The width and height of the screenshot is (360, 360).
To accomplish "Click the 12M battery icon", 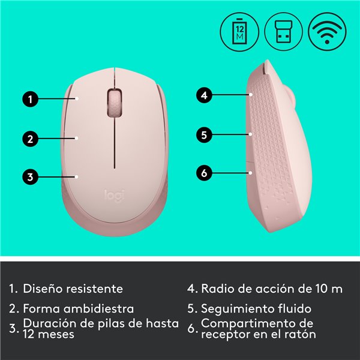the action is pyautogui.click(x=239, y=32).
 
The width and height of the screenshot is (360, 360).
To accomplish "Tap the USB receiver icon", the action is pyautogui.click(x=284, y=32).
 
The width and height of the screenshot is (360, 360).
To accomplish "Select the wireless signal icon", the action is pyautogui.click(x=328, y=32).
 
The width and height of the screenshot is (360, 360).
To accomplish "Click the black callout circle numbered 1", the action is pyautogui.click(x=31, y=99).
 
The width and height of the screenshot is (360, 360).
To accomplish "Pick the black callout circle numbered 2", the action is pyautogui.click(x=31, y=139).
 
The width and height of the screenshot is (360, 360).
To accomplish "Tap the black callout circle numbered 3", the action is pyautogui.click(x=31, y=177).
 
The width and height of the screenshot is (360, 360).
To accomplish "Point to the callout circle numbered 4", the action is pyautogui.click(x=204, y=95).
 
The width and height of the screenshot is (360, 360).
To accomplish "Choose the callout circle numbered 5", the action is pyautogui.click(x=204, y=135).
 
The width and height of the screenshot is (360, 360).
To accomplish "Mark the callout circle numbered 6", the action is pyautogui.click(x=204, y=173).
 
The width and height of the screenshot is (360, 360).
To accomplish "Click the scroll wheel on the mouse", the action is pyautogui.click(x=115, y=103).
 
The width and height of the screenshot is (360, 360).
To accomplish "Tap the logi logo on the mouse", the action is pyautogui.click(x=115, y=196).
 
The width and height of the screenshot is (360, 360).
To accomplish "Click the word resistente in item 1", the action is pyautogui.click(x=94, y=289).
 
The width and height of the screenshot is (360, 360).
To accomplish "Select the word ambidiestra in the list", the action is pyautogui.click(x=99, y=308).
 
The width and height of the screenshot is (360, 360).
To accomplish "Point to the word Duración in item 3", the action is pyautogui.click(x=50, y=323).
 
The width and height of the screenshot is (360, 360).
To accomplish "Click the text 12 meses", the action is pyautogui.click(x=49, y=334).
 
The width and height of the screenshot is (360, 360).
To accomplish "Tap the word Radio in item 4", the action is pyautogui.click(x=218, y=289).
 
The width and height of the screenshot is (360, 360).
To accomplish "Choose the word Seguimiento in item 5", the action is pyautogui.click(x=238, y=309).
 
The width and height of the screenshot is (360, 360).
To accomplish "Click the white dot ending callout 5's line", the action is pyautogui.click(x=251, y=134).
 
